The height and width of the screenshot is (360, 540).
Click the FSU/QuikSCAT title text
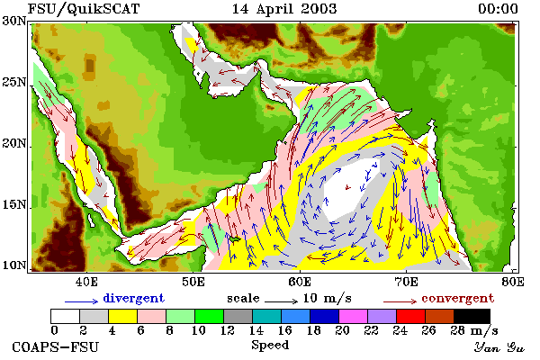click(84, 9)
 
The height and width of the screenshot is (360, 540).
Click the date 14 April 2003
click(284, 9)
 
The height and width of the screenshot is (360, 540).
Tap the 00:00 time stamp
click(498, 9)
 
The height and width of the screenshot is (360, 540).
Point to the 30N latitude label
click(14, 21)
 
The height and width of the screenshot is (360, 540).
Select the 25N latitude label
click(14, 82)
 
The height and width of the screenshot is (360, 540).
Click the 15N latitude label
click(14, 204)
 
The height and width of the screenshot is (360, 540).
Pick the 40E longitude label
click(86, 282)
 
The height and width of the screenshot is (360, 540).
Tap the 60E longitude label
click(300, 282)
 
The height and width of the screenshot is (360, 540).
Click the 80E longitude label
click(513, 282)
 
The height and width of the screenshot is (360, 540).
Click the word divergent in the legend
click(133, 298)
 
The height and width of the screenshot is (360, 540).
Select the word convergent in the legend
click(458, 298)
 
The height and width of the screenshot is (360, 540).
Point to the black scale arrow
click(281, 301)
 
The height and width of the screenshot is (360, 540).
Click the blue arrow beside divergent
click(82, 301)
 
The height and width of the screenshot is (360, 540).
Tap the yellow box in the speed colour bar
click(122, 316)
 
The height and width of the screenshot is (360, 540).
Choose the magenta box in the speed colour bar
click(353, 316)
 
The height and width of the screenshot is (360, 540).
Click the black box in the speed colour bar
click(472, 316)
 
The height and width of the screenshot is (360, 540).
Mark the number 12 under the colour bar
click(228, 330)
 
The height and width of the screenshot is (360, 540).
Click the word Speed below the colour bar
click(270, 346)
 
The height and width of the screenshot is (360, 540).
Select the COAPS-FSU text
click(55, 346)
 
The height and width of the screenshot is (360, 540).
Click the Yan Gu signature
click(499, 346)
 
